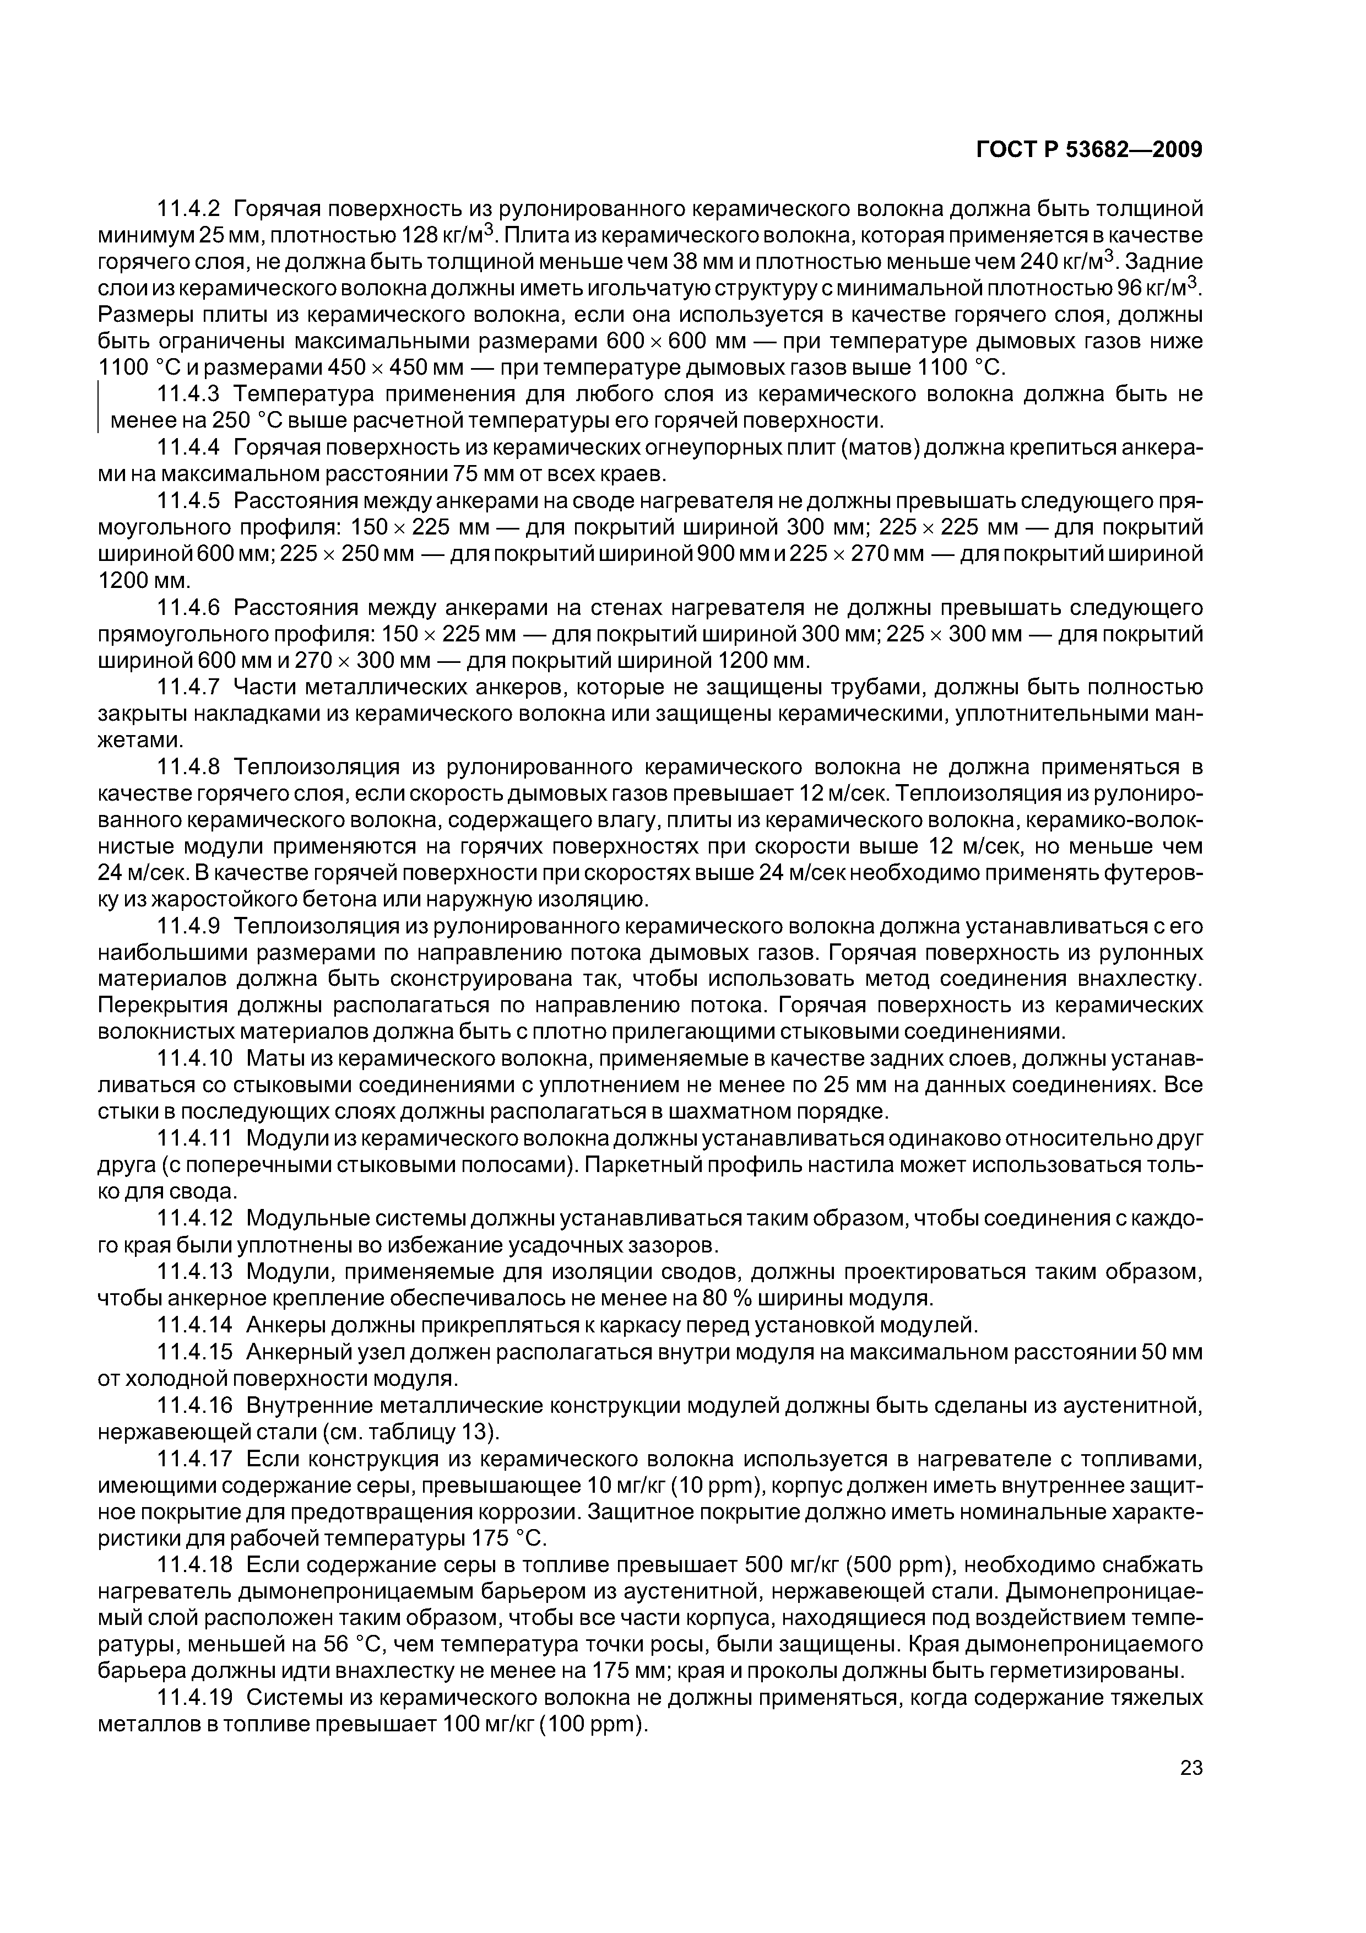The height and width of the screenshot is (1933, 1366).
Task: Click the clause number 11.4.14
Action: pyautogui.click(x=196, y=1326)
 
